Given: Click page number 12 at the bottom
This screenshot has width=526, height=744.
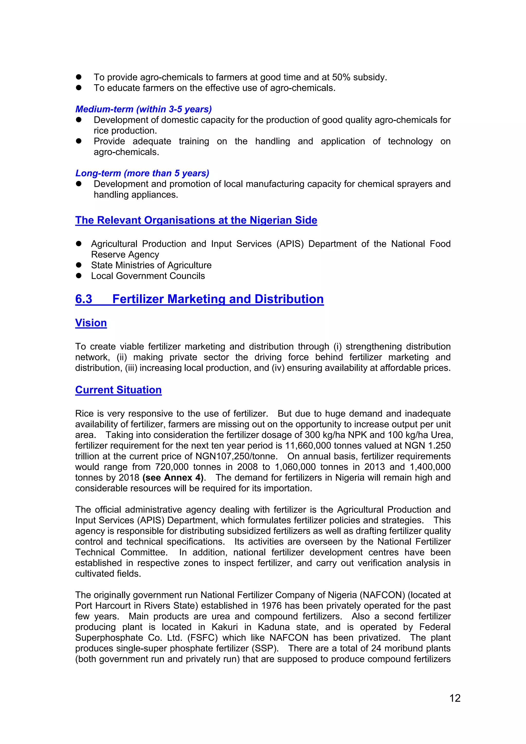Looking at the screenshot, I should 455,698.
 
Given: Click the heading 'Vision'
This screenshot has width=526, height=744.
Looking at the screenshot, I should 91,323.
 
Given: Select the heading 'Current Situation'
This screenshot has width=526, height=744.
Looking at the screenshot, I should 118,390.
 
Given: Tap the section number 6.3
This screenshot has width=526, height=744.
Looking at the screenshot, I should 84,299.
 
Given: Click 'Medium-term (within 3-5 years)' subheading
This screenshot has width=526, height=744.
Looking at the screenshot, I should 144,109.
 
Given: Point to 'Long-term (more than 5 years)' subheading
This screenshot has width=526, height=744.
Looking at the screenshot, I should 142,173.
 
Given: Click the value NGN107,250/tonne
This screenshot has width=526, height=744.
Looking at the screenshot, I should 236,456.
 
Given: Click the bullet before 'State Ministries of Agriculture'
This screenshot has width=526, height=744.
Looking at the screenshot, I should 78,265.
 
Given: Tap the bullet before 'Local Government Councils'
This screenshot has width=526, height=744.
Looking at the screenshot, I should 78,276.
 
